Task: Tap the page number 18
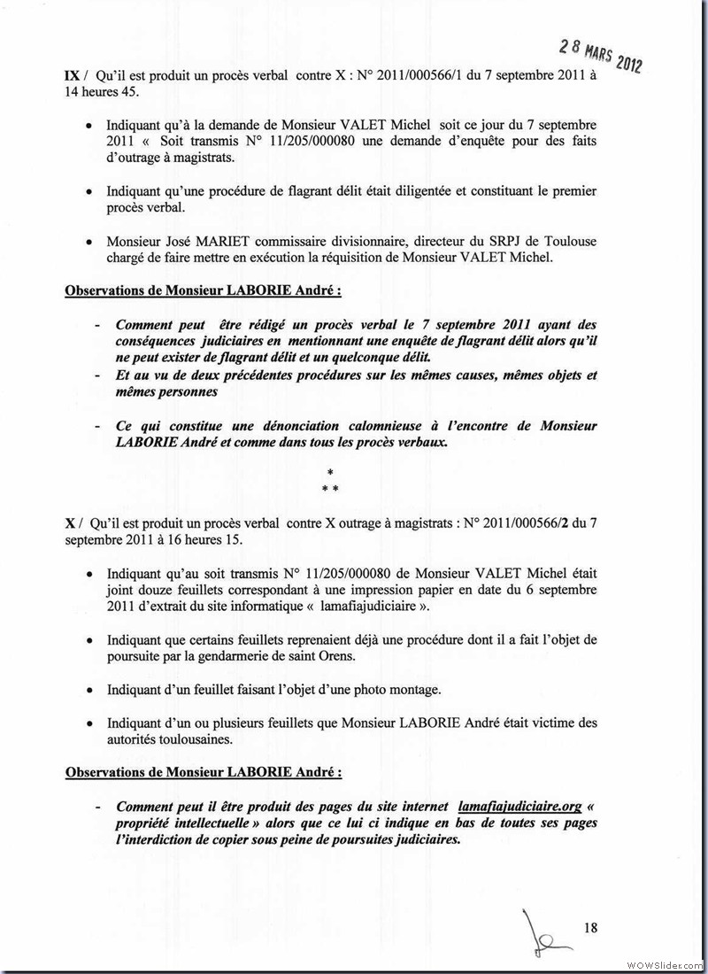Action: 591,928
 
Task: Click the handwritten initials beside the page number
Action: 542,932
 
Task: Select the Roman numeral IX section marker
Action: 73,77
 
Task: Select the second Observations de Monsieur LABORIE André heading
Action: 204,771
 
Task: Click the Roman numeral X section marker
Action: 70,524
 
